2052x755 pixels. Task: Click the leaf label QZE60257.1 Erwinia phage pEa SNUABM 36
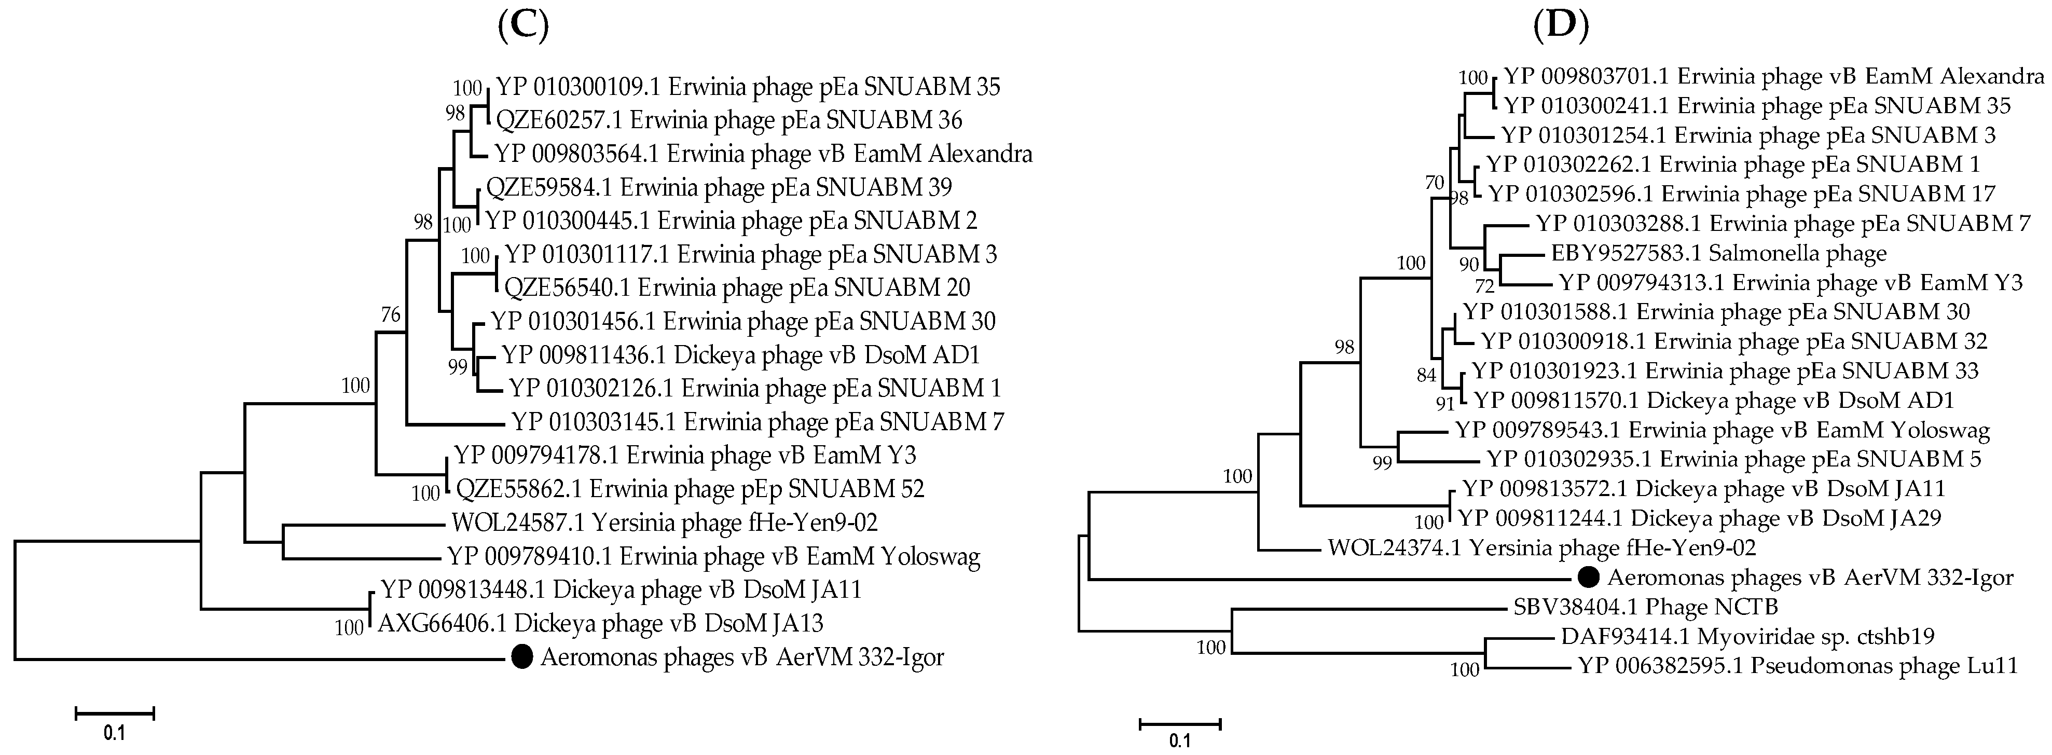(x=729, y=120)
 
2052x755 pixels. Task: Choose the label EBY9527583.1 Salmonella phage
(x=1719, y=253)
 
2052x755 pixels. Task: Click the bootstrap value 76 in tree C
(x=390, y=314)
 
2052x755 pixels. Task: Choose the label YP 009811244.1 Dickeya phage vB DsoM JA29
(x=1699, y=518)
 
